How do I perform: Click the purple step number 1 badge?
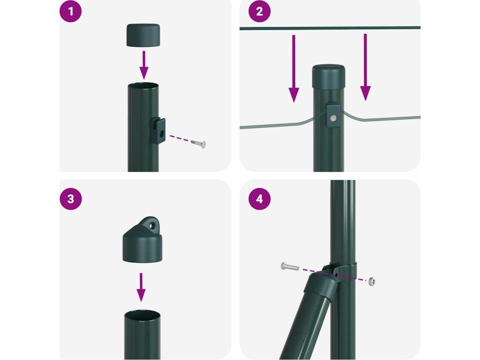coord(70,11)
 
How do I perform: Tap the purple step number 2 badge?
coord(259,11)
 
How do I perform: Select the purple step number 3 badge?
coord(71,199)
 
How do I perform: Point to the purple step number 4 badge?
coord(259,199)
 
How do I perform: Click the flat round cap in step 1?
coord(143,35)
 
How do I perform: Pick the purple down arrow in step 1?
coord(144,65)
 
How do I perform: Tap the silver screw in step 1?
coord(198,143)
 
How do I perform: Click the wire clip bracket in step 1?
coord(158,131)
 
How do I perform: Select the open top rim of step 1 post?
coord(143,85)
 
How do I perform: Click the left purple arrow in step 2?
coord(294,68)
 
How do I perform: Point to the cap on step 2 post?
coord(329,76)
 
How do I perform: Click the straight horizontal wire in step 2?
coord(330,28)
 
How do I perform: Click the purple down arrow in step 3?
coord(141,287)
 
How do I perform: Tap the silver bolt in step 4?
coord(290,266)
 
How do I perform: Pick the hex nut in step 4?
coord(372,281)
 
